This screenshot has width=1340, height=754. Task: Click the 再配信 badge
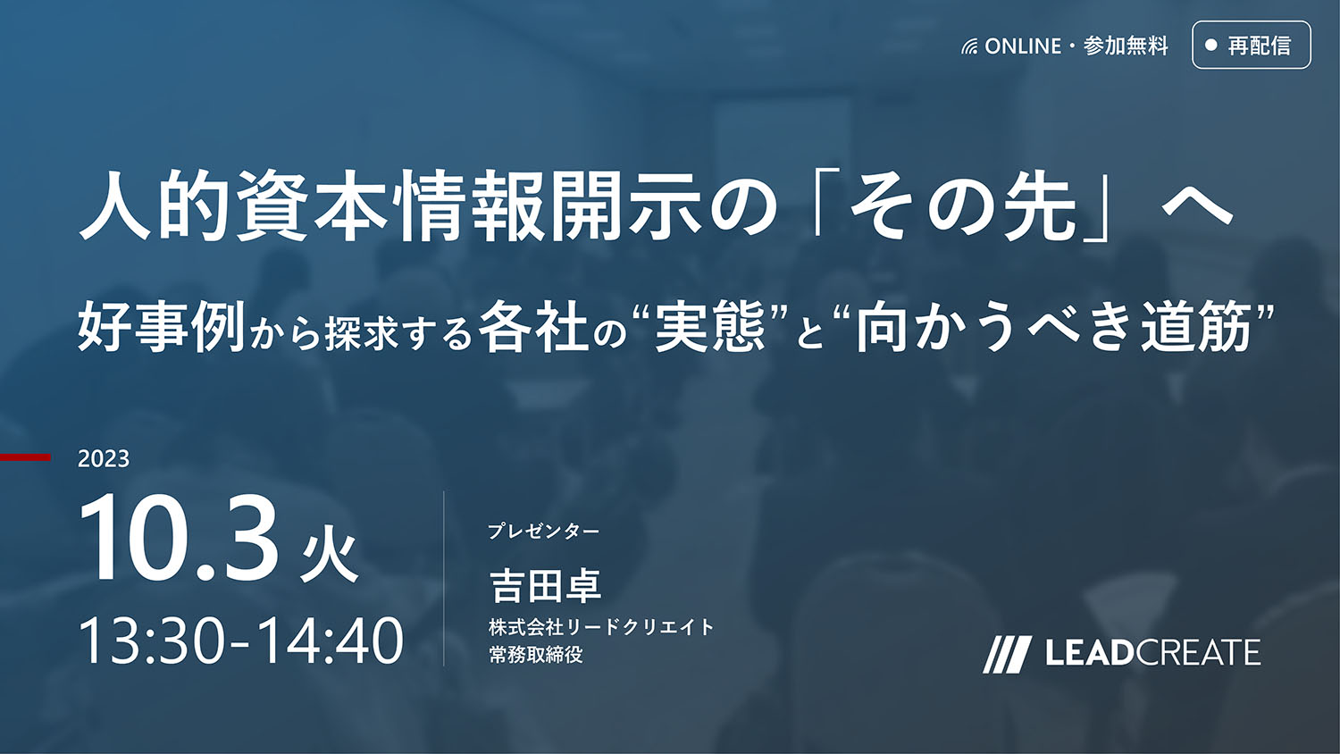[1252, 45]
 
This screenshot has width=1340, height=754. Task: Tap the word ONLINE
[1023, 46]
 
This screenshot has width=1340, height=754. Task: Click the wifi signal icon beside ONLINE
[969, 46]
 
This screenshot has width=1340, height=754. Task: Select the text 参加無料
[1126, 46]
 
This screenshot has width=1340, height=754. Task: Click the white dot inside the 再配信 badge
[1211, 45]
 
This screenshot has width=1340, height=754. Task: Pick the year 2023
[104, 459]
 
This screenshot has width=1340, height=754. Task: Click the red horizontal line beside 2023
[25, 457]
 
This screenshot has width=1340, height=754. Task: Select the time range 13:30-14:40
[241, 641]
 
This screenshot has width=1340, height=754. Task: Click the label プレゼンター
[544, 531]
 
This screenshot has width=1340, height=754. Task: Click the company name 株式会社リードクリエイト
[601, 627]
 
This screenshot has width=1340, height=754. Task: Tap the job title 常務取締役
[535, 655]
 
